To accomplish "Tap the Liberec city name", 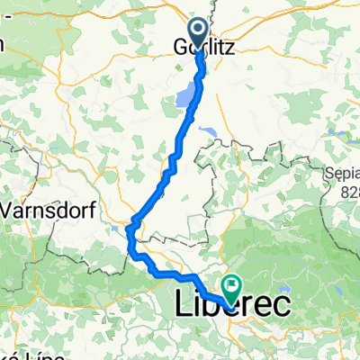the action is coord(230,306).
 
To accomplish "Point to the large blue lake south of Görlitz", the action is coord(186,94).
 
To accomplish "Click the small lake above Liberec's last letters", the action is coord(267,281).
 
